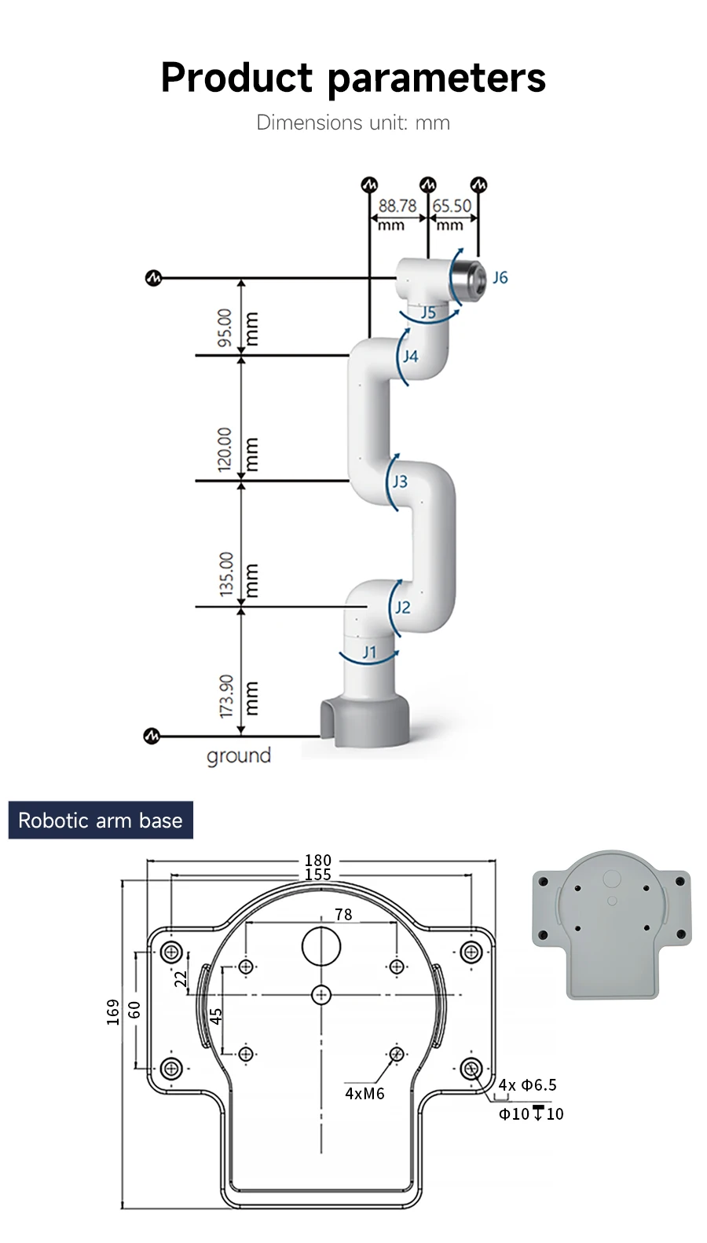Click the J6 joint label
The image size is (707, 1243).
[x=500, y=278]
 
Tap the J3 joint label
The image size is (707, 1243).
[x=400, y=481]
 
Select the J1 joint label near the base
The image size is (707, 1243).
[x=369, y=652]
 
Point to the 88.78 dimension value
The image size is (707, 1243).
[x=397, y=206]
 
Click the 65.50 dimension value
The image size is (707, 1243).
[x=452, y=206]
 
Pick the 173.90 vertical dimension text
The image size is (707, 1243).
[x=226, y=696]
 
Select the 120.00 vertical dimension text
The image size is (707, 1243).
[x=225, y=448]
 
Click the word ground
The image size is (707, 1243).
[x=238, y=755]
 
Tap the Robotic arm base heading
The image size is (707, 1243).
[x=101, y=821]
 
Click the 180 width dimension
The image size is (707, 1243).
[x=318, y=860]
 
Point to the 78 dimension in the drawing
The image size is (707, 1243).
[x=343, y=914]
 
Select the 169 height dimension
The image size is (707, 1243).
[x=113, y=1012]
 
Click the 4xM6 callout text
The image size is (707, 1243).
[x=364, y=1094]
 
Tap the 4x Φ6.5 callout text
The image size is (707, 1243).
[x=528, y=1085]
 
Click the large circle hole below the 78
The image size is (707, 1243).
[x=321, y=946]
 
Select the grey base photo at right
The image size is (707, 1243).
[x=612, y=923]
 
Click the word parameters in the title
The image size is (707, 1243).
[x=436, y=78]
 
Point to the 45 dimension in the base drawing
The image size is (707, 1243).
[x=216, y=1015]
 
